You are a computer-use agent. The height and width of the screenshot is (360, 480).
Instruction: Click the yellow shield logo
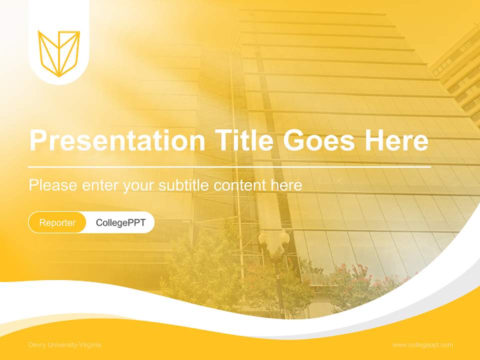[x=59, y=53]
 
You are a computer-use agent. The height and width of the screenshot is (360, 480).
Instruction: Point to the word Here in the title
[x=396, y=140]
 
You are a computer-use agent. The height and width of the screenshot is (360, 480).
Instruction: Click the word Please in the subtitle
[x=53, y=185]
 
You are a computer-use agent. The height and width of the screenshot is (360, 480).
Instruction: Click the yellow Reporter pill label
[x=57, y=222]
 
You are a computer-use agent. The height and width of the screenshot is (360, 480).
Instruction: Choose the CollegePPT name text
[x=120, y=222]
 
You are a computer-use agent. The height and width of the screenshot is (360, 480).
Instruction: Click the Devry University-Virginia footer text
[x=65, y=345]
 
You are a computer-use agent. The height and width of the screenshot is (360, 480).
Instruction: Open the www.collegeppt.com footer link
[x=422, y=345]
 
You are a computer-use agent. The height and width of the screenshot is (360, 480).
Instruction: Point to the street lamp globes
[x=273, y=238]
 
